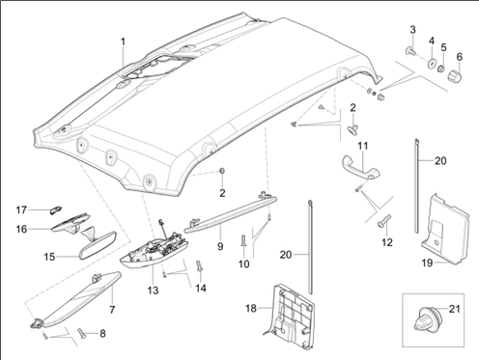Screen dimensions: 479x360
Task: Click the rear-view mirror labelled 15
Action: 99,244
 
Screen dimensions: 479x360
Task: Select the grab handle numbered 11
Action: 360,166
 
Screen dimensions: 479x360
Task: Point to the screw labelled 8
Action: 82,333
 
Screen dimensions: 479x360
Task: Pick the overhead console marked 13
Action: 154,249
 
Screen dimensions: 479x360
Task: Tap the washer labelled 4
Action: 431,63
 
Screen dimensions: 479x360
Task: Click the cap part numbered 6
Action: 455,75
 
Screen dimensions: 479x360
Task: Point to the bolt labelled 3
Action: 409,51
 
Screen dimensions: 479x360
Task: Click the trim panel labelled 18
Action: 292,317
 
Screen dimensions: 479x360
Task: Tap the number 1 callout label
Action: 123,42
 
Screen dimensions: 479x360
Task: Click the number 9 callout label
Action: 220,246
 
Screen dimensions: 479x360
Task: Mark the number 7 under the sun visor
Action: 112,310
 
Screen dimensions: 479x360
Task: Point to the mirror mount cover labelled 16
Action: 71,223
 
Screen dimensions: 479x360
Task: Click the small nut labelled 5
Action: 442,69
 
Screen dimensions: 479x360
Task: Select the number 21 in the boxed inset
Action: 454,309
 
